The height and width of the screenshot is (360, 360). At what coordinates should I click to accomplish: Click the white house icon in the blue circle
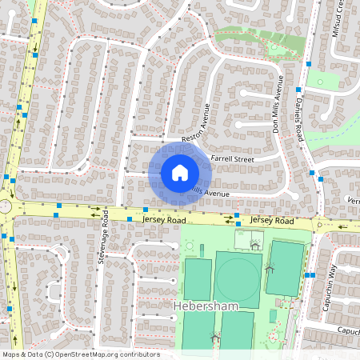coord(180,172)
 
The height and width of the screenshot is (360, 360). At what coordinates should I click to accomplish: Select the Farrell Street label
coord(231,159)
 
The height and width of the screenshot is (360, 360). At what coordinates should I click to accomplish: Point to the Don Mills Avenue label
coord(278,104)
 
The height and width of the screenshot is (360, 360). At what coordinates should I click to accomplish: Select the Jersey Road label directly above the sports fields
coord(273,220)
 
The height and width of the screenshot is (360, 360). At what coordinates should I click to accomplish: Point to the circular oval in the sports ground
coord(238,278)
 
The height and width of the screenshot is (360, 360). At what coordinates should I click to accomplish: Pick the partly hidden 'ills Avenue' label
coord(209,193)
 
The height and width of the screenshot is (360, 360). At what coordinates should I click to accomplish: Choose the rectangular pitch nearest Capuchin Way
coord(285,266)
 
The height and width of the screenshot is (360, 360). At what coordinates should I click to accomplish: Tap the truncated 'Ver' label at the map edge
coord(352,201)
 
